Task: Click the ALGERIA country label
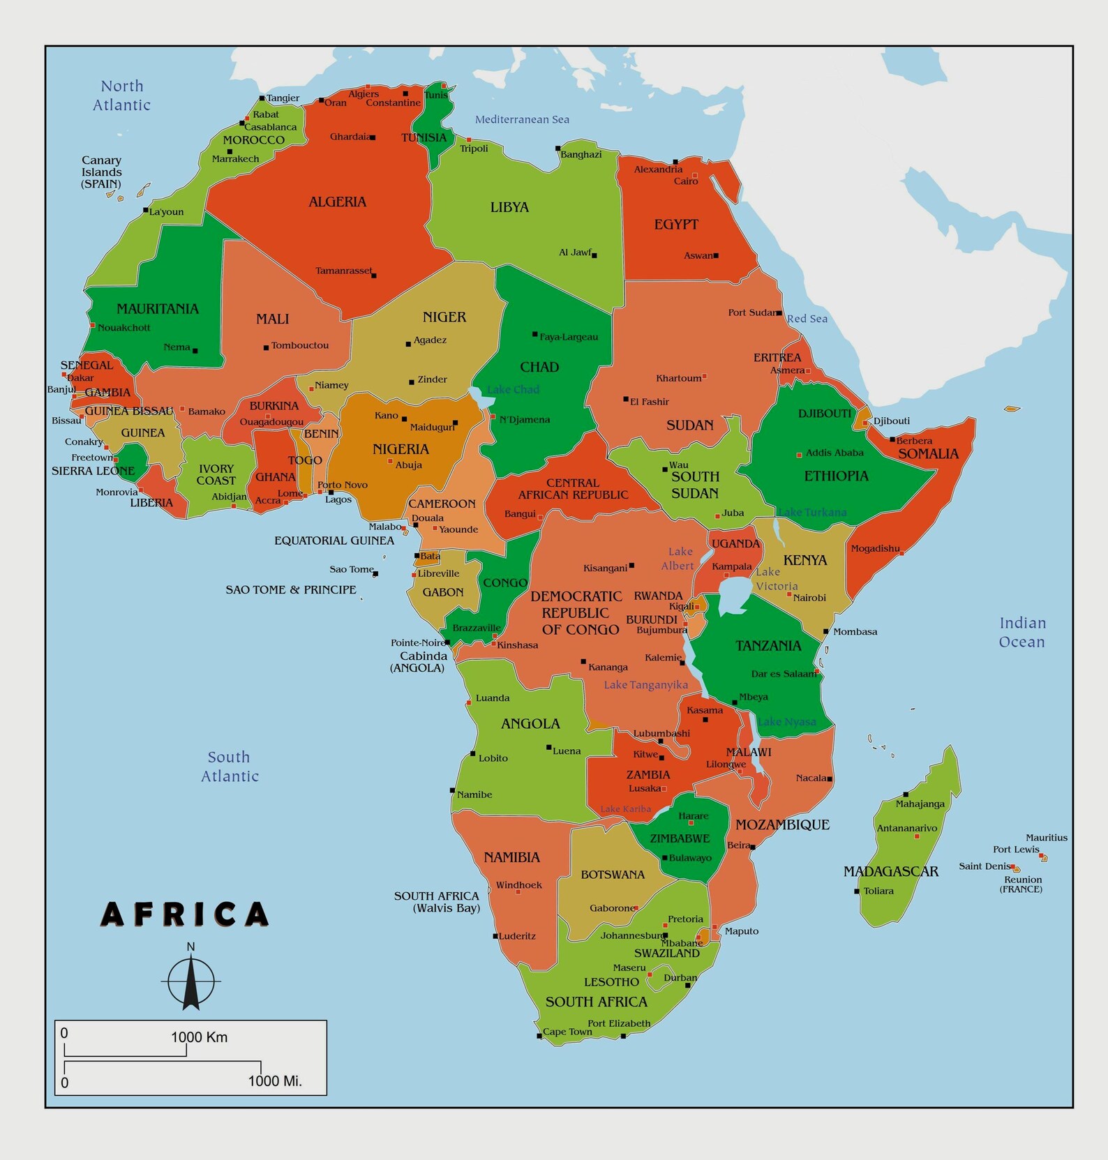tap(337, 202)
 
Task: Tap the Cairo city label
tap(685, 181)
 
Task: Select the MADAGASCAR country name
tap(890, 871)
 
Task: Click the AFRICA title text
tap(185, 914)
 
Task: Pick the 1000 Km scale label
tap(200, 1037)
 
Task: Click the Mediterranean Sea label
tap(522, 119)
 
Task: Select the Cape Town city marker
tap(539, 1036)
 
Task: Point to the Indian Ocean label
tap(1022, 633)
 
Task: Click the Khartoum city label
tap(678, 378)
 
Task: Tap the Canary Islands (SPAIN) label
tap(101, 172)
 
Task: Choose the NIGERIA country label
tap(400, 449)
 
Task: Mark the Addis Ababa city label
tap(834, 453)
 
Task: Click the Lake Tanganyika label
tap(645, 685)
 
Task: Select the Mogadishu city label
tap(875, 549)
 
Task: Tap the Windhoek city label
tap(518, 885)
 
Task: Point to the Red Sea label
tap(807, 319)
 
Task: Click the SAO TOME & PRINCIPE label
tap(290, 590)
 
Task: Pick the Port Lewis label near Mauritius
tap(1016, 850)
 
